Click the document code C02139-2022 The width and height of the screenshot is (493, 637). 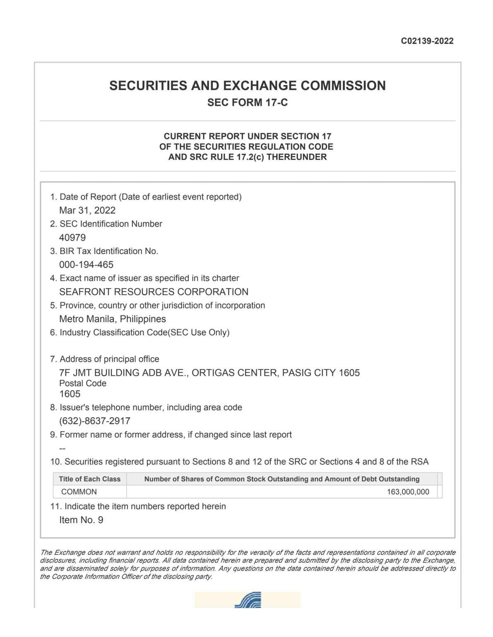point(427,41)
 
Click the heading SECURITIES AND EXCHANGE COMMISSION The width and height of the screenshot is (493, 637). point(247,86)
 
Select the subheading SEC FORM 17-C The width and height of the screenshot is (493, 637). point(247,103)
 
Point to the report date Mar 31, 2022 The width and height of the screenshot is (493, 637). point(87,210)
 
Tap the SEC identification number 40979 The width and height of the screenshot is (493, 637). point(72,238)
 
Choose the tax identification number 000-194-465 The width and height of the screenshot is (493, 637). point(86,265)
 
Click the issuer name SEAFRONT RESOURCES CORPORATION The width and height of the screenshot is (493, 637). point(154,292)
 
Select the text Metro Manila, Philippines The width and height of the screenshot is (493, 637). point(113,319)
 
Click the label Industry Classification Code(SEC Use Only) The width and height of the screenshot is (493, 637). point(144,332)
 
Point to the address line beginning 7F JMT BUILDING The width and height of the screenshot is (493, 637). point(209,373)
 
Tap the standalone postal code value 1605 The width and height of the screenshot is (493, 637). point(70,394)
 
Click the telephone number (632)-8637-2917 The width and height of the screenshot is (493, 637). point(95,421)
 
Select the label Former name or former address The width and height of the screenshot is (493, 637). point(176,435)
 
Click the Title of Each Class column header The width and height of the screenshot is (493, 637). point(89,479)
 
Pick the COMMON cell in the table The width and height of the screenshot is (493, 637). point(79,492)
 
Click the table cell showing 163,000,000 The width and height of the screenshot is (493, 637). point(408,492)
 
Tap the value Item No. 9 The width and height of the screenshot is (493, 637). point(81,520)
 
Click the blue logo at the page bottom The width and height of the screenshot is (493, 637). point(248,600)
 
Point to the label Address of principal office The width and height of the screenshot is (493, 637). point(109,359)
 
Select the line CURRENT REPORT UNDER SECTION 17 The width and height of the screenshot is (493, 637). point(247,136)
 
